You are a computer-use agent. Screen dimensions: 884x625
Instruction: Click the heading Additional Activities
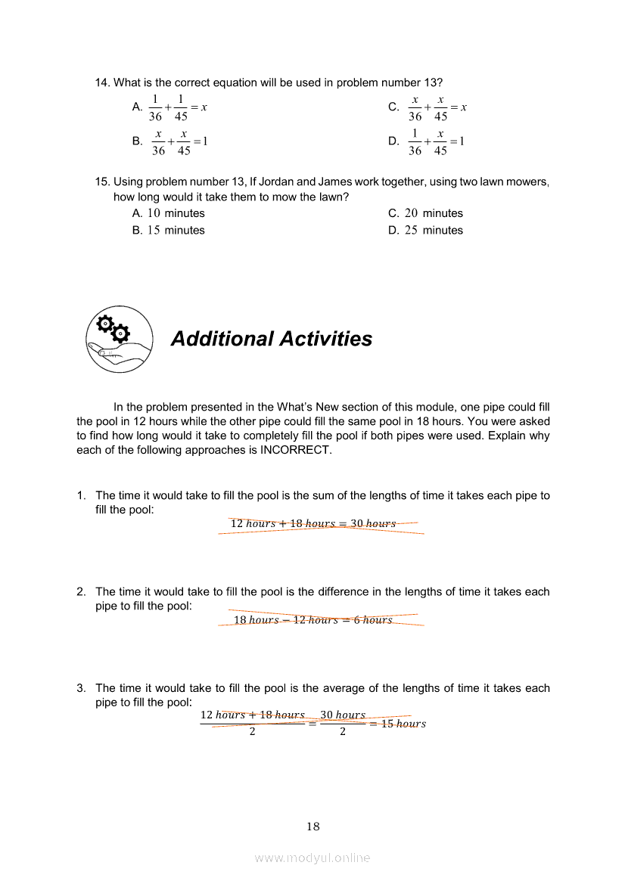(x=271, y=339)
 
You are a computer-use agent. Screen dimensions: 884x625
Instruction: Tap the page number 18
(x=313, y=827)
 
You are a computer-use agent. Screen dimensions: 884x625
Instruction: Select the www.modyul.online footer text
(x=312, y=858)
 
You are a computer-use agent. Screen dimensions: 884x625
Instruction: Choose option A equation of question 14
(x=179, y=108)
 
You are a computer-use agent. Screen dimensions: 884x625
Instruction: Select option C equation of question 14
(x=437, y=108)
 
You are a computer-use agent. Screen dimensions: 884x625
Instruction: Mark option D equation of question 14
(x=437, y=141)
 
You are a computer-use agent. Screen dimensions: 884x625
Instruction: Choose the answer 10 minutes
(x=176, y=213)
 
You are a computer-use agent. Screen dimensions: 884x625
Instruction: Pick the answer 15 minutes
(x=176, y=230)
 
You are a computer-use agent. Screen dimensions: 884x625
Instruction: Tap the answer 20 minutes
(x=434, y=213)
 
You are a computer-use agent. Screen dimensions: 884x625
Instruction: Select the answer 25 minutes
(x=434, y=230)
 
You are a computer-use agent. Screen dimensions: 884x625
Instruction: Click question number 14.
(x=102, y=82)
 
